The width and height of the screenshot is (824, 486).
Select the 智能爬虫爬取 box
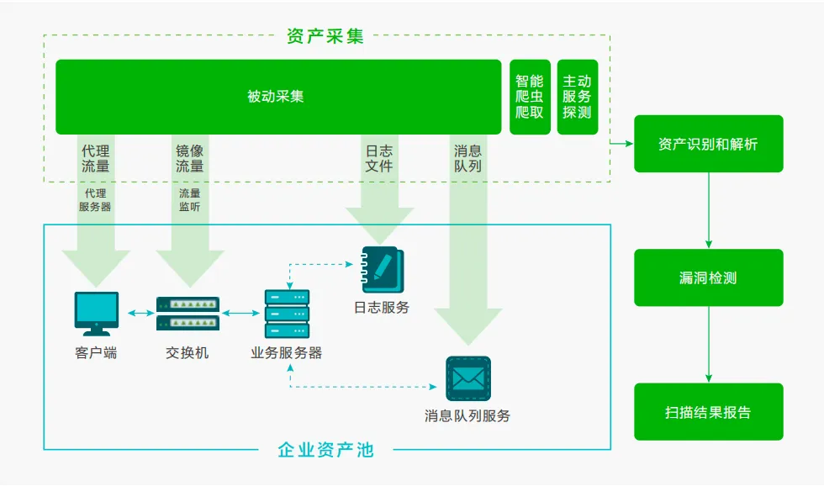530,97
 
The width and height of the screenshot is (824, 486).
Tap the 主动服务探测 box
577,97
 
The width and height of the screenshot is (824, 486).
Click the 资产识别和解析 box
708,144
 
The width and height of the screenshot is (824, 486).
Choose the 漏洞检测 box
708,277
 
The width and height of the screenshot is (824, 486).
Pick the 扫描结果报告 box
708,412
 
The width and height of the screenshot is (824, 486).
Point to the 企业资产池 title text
325,450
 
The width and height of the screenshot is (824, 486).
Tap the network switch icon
188,313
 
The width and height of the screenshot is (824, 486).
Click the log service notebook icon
383,269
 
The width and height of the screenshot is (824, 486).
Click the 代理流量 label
95,159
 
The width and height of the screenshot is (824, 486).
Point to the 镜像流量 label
189,159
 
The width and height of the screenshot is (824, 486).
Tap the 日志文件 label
378,159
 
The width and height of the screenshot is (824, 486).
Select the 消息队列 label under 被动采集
467,159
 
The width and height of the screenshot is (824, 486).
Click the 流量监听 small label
189,200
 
